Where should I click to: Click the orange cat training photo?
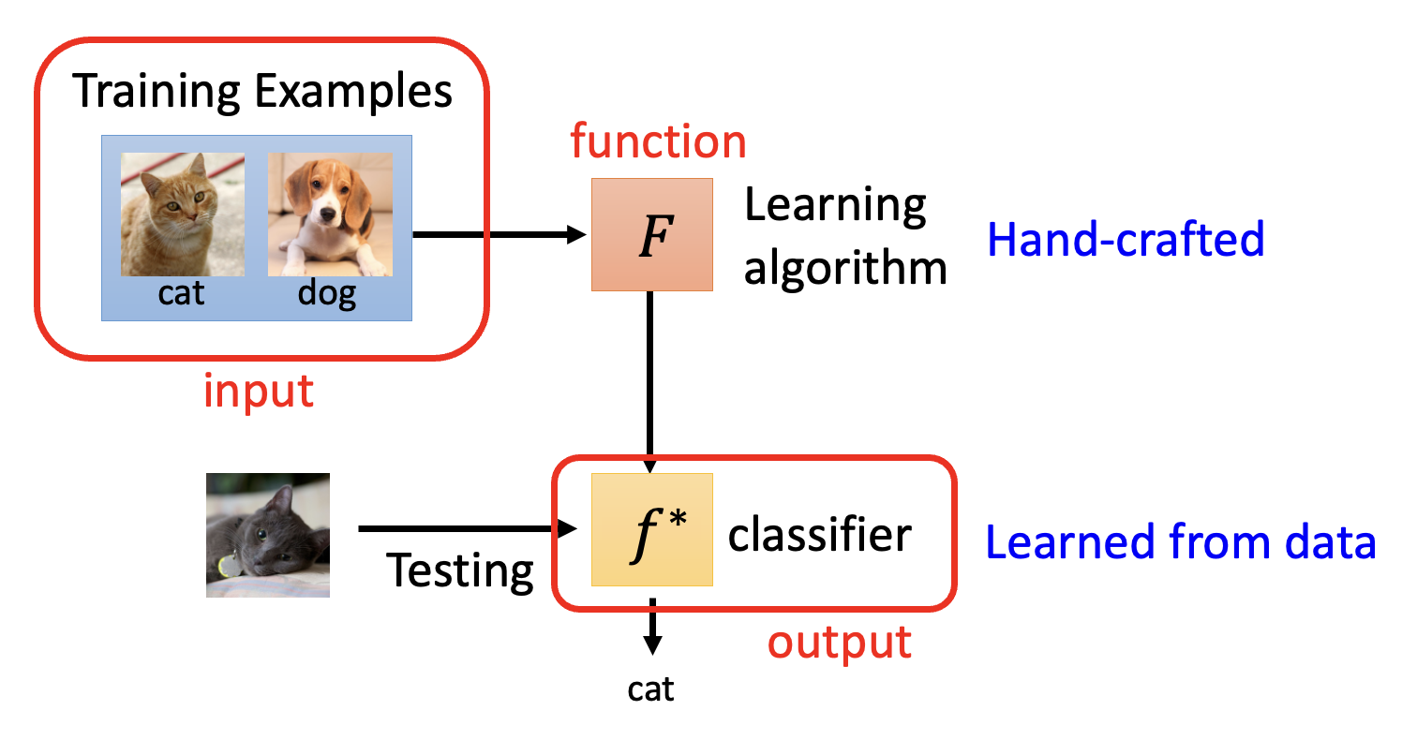[183, 215]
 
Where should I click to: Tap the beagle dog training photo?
[330, 215]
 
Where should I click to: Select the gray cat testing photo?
[268, 534]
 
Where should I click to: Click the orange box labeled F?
[652, 234]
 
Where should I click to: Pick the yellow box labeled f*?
[652, 530]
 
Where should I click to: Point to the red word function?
[659, 141]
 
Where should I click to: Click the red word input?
[259, 391]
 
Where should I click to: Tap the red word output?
[840, 643]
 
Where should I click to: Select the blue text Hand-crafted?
[1126, 240]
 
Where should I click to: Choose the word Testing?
[460, 570]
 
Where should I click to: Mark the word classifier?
[820, 534]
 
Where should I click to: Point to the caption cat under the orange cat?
[181, 293]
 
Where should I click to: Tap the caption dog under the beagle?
[327, 293]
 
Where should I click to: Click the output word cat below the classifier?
[651, 689]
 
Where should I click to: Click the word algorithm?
[845, 269]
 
